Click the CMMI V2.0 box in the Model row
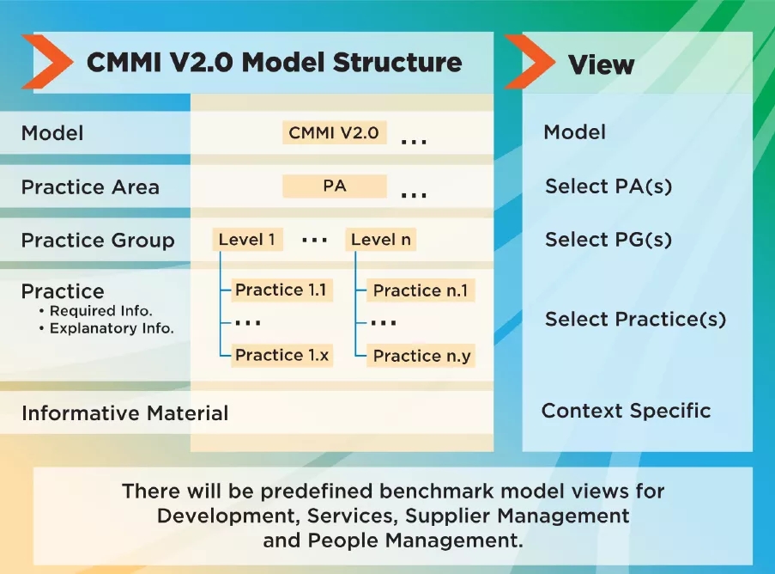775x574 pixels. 334,133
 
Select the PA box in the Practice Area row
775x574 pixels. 335,186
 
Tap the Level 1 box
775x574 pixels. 247,240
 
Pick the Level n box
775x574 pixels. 380,240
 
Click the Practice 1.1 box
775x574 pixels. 281,290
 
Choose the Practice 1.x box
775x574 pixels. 282,355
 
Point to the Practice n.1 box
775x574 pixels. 421,290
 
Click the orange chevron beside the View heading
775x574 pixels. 530,62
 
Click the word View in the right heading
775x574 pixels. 601,64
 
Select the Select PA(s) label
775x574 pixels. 608,186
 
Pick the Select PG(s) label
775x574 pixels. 608,240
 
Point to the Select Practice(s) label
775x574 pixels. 635,320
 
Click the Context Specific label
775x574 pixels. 626,411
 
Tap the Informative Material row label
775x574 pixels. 124,413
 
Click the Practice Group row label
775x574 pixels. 98,241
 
